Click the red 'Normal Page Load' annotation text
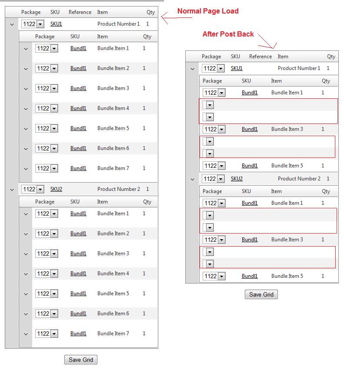point(208,11)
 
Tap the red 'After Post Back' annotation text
point(228,34)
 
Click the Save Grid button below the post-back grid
point(261,294)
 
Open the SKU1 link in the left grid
point(56,24)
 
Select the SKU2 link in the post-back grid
point(237,179)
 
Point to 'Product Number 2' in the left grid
point(119,189)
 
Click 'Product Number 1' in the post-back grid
point(299,68)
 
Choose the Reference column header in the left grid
point(80,12)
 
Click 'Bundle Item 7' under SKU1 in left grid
point(113,168)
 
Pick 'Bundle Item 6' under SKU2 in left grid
point(113,314)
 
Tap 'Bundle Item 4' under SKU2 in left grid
point(113,274)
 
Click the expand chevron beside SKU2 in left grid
point(12,190)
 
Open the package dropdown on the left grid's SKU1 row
point(40,24)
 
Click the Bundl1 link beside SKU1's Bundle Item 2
point(78,68)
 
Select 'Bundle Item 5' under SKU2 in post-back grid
point(287,276)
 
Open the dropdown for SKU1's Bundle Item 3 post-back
point(221,129)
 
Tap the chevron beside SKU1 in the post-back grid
point(192,69)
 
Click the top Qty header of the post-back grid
point(331,57)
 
